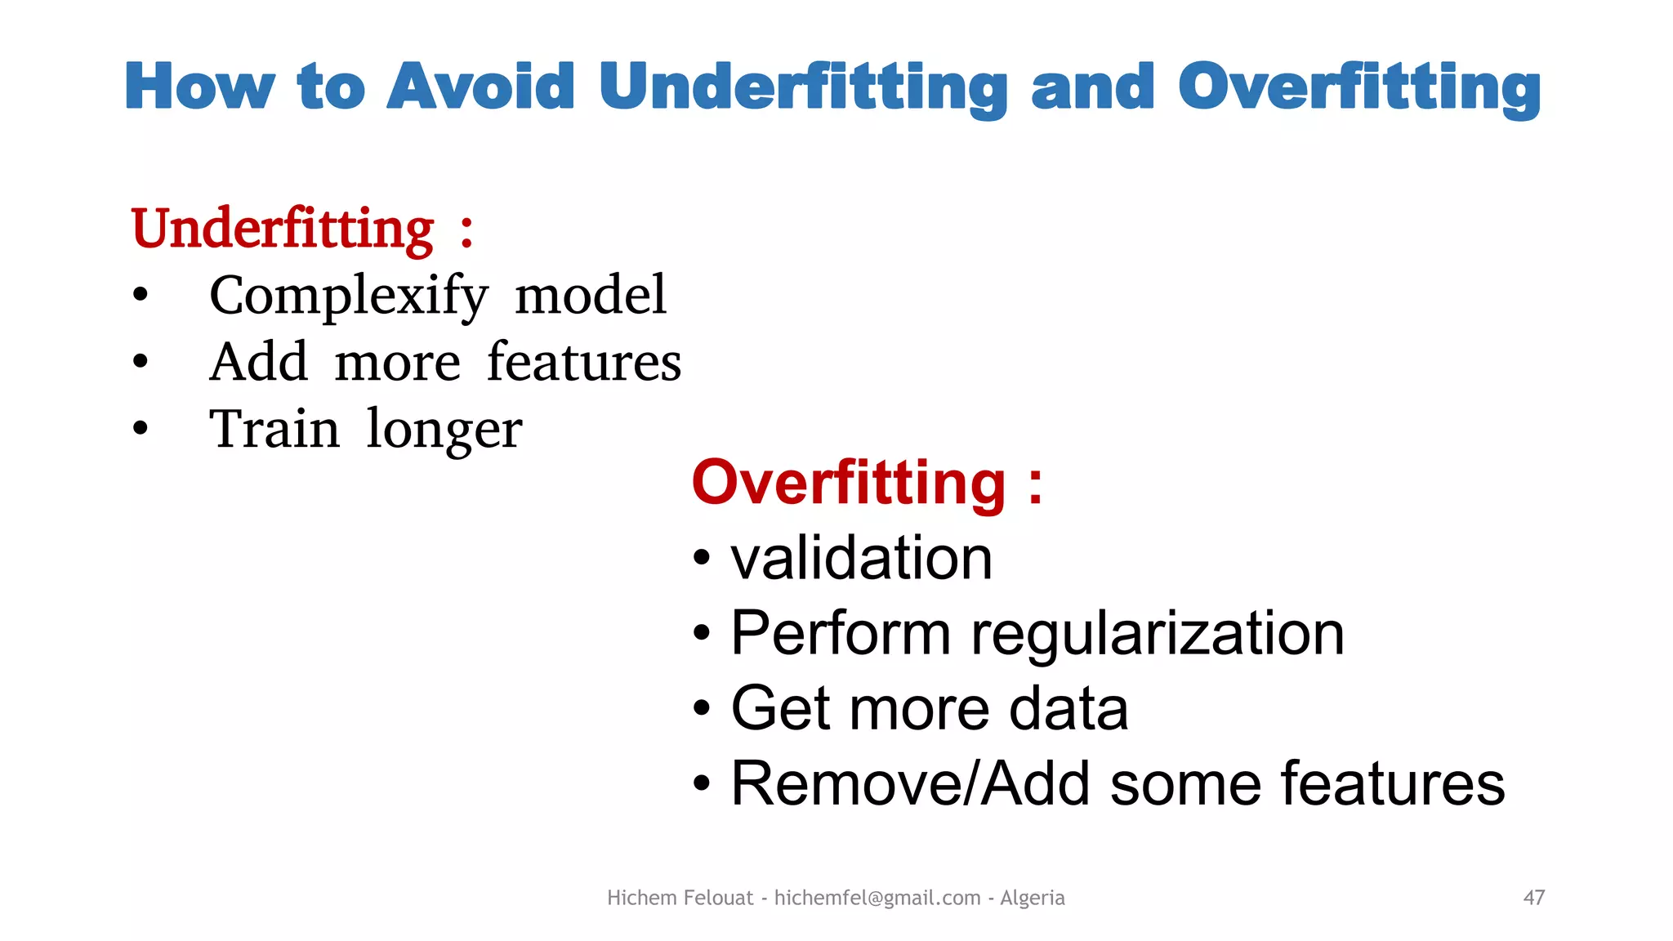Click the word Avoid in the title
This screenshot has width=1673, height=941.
480,87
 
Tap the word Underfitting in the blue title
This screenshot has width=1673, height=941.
804,87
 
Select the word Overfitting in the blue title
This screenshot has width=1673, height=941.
1358,87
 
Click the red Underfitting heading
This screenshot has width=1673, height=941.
283,229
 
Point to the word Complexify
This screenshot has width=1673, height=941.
349,296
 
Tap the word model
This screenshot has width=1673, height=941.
591,295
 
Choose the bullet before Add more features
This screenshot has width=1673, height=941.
141,361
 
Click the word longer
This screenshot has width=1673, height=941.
444,430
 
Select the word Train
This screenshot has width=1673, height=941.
274,429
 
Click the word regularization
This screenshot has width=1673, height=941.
1157,634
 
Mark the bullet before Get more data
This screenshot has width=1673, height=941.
701,708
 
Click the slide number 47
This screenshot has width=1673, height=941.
1533,898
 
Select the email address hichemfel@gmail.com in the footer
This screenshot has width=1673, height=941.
877,898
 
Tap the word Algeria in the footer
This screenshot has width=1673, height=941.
1032,898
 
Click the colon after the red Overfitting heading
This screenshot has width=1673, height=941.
1035,484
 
